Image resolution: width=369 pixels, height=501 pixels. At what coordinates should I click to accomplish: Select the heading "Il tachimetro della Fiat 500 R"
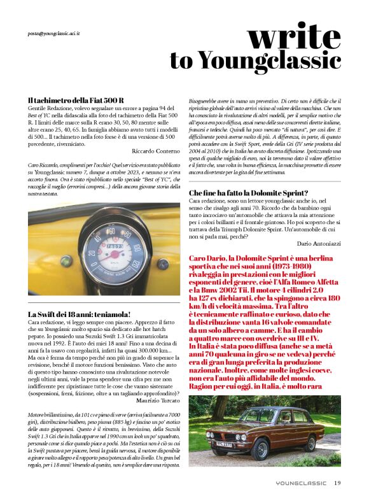(x=76, y=101)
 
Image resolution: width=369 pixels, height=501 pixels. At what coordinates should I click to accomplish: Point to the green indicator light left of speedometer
(x=66, y=261)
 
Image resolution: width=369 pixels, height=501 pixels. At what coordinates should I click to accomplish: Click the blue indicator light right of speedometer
(x=163, y=263)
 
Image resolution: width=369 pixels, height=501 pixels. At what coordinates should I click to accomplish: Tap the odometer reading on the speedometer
(x=115, y=246)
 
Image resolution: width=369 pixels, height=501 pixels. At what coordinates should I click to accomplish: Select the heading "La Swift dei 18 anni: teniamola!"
(x=80, y=314)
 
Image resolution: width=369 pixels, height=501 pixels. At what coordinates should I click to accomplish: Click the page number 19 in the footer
(x=337, y=483)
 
